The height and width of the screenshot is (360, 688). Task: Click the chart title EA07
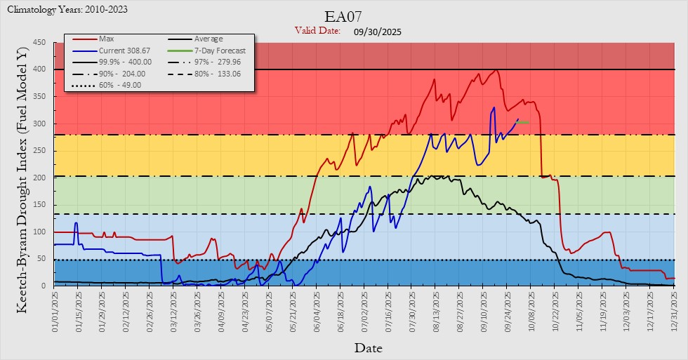(x=343, y=17)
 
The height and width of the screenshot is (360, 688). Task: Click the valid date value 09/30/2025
(x=378, y=32)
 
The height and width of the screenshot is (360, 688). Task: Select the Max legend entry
(x=106, y=39)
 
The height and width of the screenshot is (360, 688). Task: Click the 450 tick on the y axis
(x=39, y=43)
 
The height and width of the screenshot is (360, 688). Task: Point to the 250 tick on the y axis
(x=39, y=151)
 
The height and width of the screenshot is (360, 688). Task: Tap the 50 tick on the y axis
(x=41, y=259)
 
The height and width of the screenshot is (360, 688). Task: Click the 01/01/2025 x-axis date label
(x=55, y=309)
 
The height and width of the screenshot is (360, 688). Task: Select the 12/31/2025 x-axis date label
(x=674, y=309)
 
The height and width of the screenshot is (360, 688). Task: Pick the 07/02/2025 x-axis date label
(x=364, y=309)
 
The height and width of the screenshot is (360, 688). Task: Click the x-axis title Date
(x=368, y=347)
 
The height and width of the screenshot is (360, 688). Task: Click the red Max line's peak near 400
(x=496, y=69)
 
